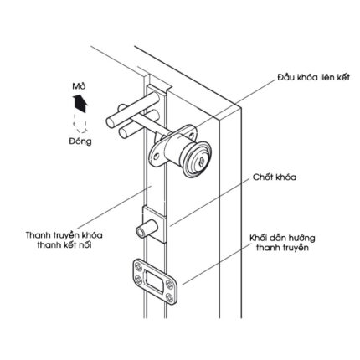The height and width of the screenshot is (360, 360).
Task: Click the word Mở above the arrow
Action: click(x=79, y=86)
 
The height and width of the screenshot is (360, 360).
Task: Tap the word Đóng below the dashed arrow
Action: click(x=80, y=141)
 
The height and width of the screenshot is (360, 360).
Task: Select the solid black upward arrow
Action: click(x=80, y=103)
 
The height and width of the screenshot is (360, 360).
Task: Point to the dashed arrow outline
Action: click(x=80, y=123)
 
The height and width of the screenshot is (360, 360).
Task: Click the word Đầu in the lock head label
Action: click(x=285, y=77)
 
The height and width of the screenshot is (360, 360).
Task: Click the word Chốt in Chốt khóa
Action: click(x=261, y=177)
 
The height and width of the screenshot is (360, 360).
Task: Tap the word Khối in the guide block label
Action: click(x=258, y=238)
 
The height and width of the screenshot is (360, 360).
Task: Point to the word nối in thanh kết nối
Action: click(x=85, y=245)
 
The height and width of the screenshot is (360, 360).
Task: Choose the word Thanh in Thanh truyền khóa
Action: click(x=37, y=235)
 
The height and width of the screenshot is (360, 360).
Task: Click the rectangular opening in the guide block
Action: click(x=153, y=280)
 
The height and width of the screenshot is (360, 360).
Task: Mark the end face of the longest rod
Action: click(x=111, y=123)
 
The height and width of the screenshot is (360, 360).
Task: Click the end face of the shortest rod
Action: click(x=122, y=107)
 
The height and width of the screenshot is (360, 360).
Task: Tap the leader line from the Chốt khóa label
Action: click(x=208, y=203)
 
